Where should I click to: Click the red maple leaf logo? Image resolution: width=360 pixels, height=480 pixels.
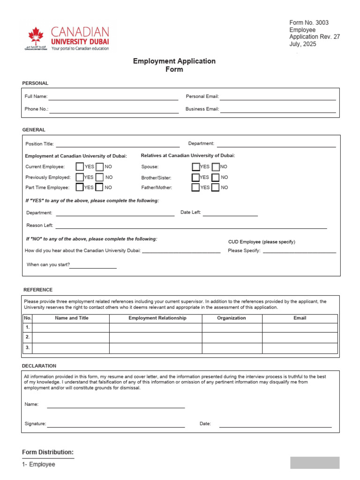pyautogui.click(x=36, y=36)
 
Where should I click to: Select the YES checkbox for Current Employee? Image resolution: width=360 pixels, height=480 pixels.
pyautogui.click(x=80, y=166)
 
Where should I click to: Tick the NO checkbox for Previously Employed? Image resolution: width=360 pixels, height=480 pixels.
pyautogui.click(x=100, y=177)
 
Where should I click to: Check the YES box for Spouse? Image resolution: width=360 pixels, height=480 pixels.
pyautogui.click(x=196, y=166)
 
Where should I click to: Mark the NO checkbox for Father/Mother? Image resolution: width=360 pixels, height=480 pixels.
pyautogui.click(x=216, y=187)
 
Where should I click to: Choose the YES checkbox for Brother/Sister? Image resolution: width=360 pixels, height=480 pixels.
pyautogui.click(x=196, y=177)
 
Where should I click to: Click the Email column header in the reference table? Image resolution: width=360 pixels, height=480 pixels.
pyautogui.click(x=300, y=318)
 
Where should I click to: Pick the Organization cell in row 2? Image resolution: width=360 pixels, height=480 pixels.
pyautogui.click(x=232, y=337)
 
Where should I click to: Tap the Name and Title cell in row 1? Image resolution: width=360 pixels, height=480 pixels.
pyautogui.click(x=71, y=327)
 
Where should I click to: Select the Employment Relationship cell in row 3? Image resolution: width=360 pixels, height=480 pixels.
pyautogui.click(x=156, y=348)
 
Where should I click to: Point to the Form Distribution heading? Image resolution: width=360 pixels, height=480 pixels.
pyautogui.click(x=48, y=452)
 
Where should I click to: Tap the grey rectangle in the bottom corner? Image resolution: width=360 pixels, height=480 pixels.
pyautogui.click(x=315, y=463)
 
